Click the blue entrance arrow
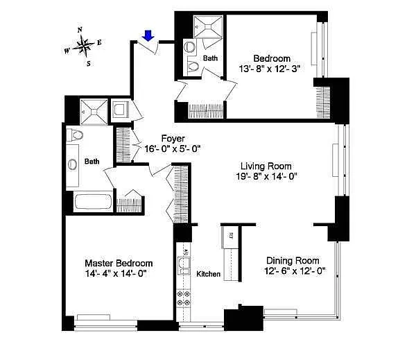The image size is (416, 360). click(148, 36)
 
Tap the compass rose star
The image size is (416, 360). click(84, 46)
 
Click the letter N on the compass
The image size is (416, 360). click(80, 30)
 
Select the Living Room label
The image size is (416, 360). click(266, 166)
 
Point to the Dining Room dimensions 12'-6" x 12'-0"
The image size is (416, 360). click(295, 271)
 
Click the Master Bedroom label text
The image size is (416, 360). click(119, 263)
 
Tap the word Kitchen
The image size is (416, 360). click(208, 274)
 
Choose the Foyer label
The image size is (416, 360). click(173, 139)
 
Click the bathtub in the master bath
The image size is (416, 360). click(93, 202)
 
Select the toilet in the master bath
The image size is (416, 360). click(75, 135)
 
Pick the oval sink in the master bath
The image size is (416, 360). click(72, 164)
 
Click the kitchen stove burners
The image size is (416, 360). click(184, 298)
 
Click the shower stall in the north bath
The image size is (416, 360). click(208, 26)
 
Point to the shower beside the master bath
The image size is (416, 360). click(94, 112)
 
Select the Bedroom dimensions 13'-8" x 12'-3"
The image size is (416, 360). click(269, 69)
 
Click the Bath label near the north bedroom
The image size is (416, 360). click(210, 58)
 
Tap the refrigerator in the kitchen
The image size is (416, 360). click(230, 237)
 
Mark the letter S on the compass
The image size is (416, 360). click(89, 64)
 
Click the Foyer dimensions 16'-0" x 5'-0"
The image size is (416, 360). click(173, 149)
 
